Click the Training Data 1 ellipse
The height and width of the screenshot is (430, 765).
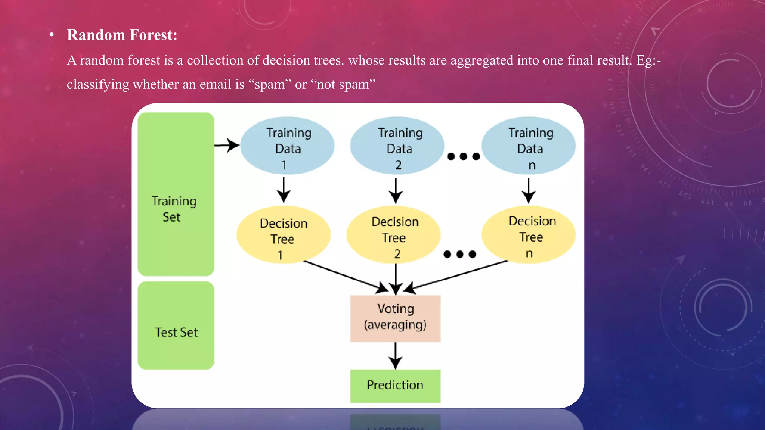click(x=287, y=146)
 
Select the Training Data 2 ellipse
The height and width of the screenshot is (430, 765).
click(x=397, y=146)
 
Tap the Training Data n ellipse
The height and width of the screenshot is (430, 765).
click(x=529, y=146)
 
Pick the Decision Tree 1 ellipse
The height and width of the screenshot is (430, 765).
click(x=284, y=235)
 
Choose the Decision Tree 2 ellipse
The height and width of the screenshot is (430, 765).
click(x=393, y=235)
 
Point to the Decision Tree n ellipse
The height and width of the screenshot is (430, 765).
click(x=529, y=235)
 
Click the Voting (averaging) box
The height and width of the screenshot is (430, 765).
click(x=395, y=318)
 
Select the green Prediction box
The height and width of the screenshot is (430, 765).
click(x=395, y=386)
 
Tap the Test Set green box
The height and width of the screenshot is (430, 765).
click(x=176, y=325)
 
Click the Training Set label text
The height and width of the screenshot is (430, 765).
click(x=174, y=209)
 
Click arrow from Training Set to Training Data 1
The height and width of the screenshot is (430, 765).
click(x=226, y=145)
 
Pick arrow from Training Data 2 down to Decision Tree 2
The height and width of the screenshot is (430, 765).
click(x=396, y=190)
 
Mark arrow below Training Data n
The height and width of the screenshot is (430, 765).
click(x=529, y=190)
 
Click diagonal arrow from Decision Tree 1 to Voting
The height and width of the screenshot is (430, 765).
click(x=344, y=276)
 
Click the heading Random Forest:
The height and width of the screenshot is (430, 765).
click(x=122, y=35)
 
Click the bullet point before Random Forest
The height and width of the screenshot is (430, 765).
click(x=52, y=35)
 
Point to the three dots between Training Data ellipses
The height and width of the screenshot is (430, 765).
click(x=463, y=156)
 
